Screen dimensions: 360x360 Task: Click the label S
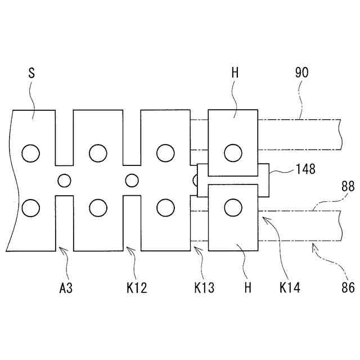tap(31, 73)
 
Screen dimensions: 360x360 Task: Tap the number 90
tap(301, 73)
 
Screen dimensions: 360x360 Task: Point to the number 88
tap(348, 186)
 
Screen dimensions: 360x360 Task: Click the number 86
tap(348, 288)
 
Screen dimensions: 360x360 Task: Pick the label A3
tap(66, 289)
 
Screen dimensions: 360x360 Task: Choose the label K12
tap(136, 289)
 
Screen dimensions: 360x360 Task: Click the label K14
tap(290, 289)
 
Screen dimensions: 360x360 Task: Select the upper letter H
tap(235, 73)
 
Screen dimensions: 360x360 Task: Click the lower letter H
tap(247, 289)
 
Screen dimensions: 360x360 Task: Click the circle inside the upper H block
tap(232, 152)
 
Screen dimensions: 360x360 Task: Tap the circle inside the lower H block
tap(232, 208)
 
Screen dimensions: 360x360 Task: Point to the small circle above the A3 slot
tap(65, 181)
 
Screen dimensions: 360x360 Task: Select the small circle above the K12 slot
tap(132, 181)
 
